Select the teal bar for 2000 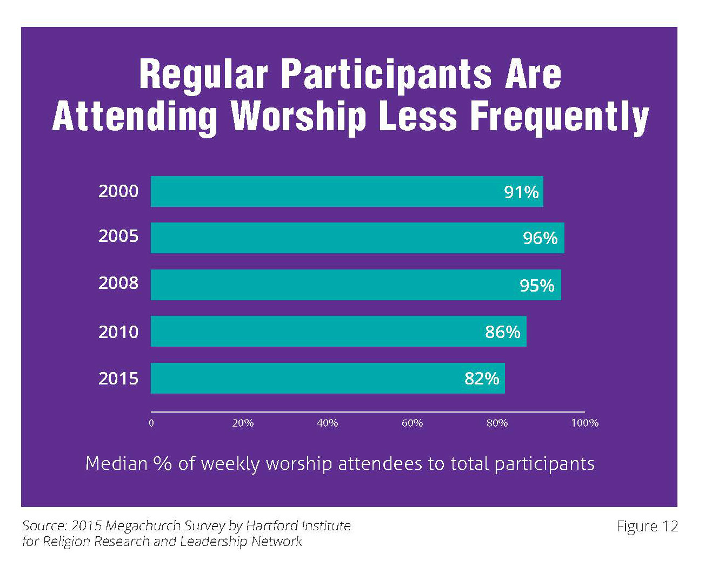(x=346, y=192)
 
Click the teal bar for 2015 (x=327, y=379)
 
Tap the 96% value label (x=540, y=238)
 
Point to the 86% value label (x=502, y=332)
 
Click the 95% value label (x=537, y=285)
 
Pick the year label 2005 (x=118, y=237)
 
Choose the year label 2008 (x=118, y=283)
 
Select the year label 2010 (x=118, y=332)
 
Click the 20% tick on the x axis (x=243, y=423)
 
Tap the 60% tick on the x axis (x=412, y=423)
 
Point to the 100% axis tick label (x=584, y=423)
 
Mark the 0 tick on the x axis (x=151, y=423)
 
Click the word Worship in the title (x=298, y=117)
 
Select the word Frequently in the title (x=560, y=117)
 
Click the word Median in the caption (x=116, y=463)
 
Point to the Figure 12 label (x=647, y=526)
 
